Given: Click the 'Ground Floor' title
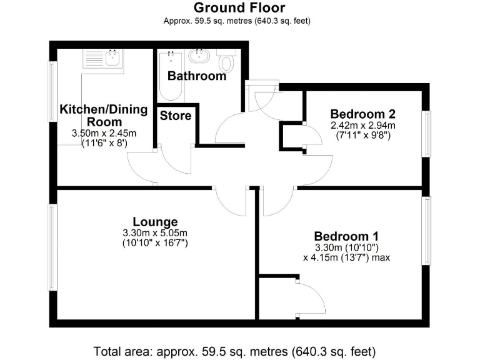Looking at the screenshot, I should pos(239,8).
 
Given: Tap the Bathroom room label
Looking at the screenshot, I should pos(197,76).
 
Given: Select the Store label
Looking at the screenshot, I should pos(176,116).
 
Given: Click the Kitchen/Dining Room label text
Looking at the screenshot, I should pos(103,116).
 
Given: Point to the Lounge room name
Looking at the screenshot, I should pos(155,222).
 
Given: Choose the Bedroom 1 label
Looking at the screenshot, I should pos(346,236).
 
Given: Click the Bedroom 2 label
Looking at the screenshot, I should pos(362,114).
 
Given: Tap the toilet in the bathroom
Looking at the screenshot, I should pos(226,62).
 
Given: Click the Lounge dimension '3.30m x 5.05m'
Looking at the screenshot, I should pos(155,233).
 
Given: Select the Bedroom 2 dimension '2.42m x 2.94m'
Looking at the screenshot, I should pos(362,125).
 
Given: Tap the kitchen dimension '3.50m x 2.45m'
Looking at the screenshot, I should pos(104,133).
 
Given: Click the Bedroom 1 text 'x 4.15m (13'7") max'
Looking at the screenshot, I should pos(346,257).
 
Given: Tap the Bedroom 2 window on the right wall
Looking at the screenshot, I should pos(426,133).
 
